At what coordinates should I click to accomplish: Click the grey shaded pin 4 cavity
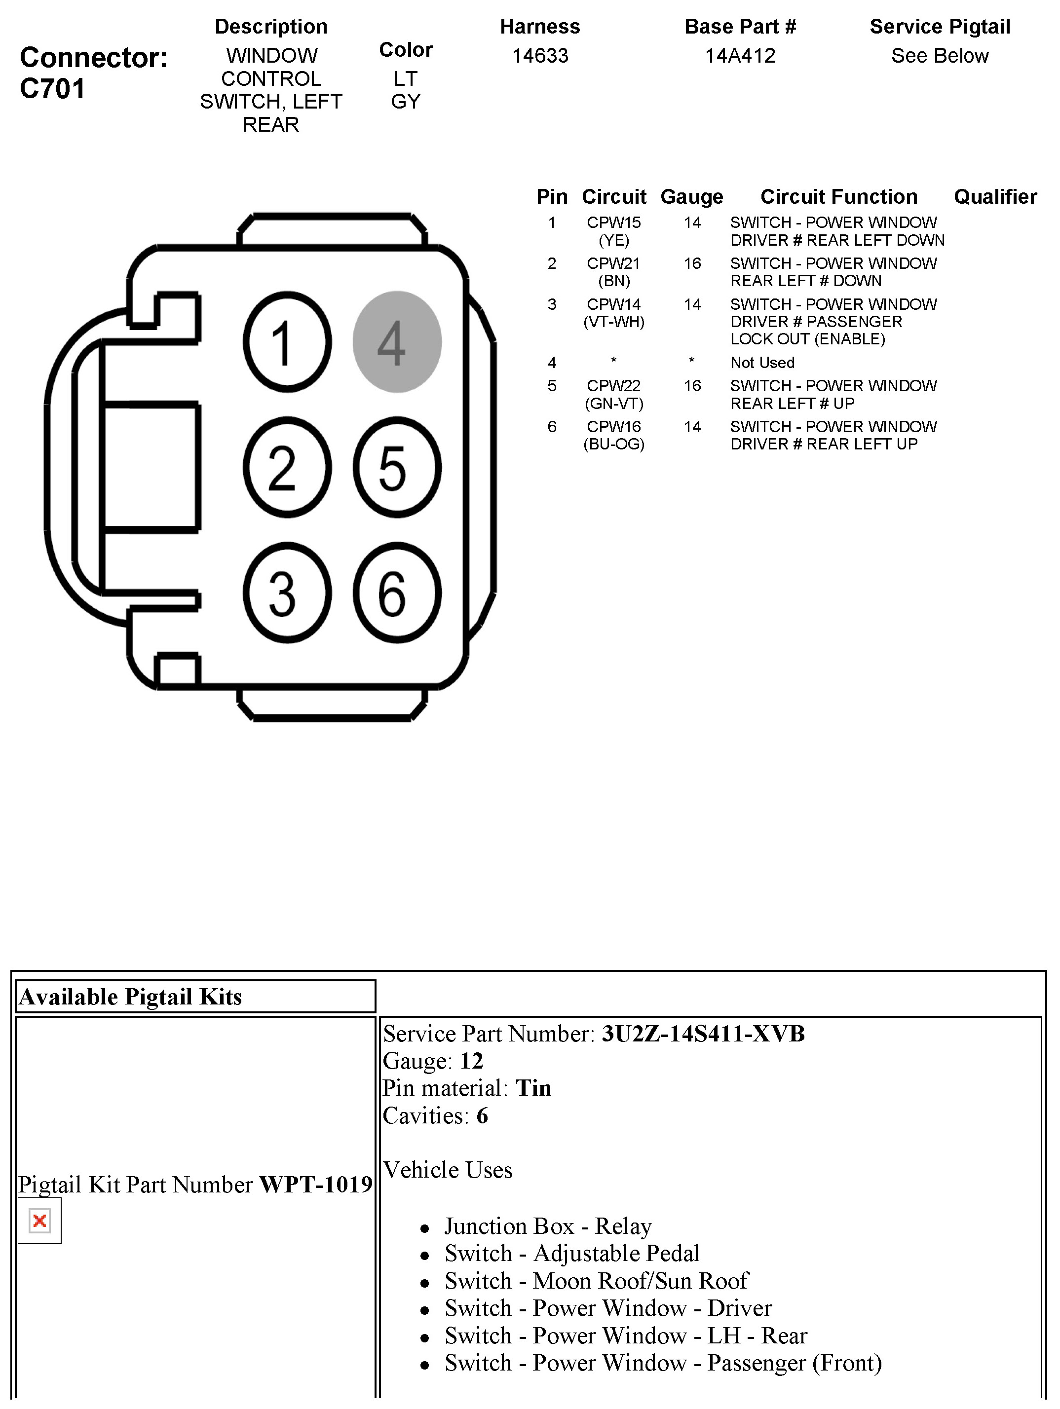[x=397, y=342]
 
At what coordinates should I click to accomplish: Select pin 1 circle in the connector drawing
[x=287, y=342]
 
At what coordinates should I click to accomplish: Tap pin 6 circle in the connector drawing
[x=397, y=593]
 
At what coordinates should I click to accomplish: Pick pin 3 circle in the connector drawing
[x=287, y=593]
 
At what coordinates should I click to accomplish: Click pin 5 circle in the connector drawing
[x=397, y=468]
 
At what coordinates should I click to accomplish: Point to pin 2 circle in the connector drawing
[x=287, y=468]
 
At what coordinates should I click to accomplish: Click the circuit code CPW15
[x=613, y=223]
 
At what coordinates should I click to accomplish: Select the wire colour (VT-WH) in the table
[x=613, y=322]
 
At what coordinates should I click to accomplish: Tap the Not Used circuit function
[x=762, y=363]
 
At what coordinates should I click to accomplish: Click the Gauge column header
[x=692, y=197]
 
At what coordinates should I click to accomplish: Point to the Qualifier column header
[x=995, y=197]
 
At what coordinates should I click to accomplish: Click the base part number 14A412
[x=740, y=56]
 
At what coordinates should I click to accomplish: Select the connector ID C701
[x=52, y=88]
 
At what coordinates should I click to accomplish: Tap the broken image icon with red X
[x=39, y=1221]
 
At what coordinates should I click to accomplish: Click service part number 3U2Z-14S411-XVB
[x=703, y=1034]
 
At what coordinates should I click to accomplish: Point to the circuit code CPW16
[x=613, y=427]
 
